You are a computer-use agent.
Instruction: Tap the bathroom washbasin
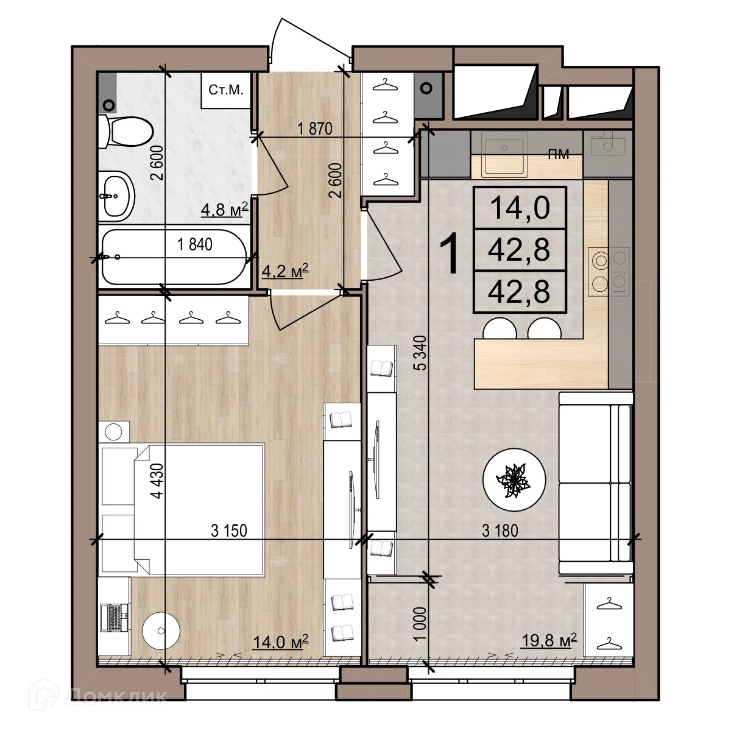(x=118, y=196)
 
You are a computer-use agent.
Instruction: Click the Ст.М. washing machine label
(x=226, y=91)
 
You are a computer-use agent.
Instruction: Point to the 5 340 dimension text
(x=418, y=353)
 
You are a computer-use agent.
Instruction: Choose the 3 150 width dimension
(x=229, y=531)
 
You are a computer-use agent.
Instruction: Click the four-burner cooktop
(x=608, y=272)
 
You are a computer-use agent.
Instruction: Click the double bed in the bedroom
(x=183, y=510)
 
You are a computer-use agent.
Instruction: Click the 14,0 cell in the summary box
(x=520, y=207)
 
